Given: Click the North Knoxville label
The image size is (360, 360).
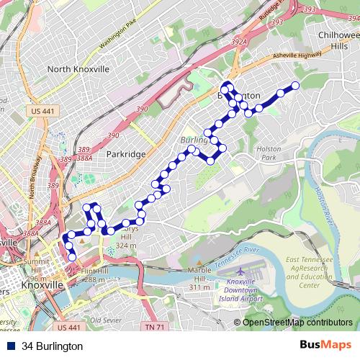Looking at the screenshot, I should coord(78,69).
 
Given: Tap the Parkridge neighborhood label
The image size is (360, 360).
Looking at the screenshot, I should coord(126,154).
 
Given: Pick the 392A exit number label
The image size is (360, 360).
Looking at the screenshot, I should coord(239,42).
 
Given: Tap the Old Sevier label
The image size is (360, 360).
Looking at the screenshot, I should coord(105,320).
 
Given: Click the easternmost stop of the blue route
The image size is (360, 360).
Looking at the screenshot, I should coord(294,87).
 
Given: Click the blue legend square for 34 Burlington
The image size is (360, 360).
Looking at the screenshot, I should coord(11,346).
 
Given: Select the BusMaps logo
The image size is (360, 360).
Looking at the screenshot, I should coord(325,346).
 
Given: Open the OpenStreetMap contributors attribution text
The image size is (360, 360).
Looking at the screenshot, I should coord(297,323).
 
